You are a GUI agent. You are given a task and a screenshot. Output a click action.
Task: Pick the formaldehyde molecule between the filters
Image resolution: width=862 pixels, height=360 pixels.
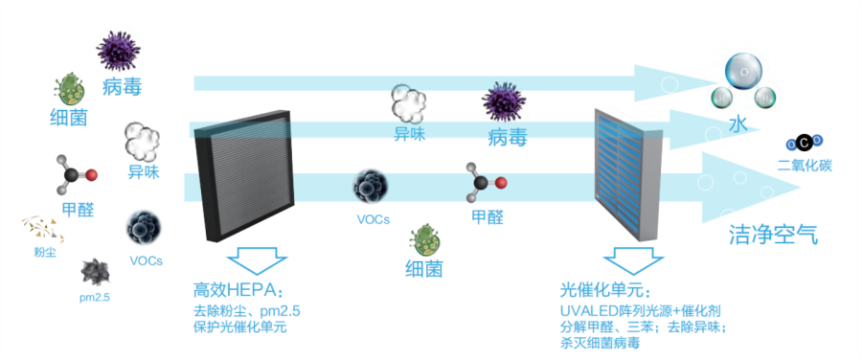[x=483, y=183]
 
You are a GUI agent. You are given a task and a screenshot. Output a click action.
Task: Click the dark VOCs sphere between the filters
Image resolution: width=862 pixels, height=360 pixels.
[x=372, y=187]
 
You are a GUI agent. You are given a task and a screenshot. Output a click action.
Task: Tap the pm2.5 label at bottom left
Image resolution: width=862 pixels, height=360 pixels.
[x=96, y=298]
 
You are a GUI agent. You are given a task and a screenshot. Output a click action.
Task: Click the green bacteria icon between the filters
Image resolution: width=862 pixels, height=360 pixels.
[x=423, y=239]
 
